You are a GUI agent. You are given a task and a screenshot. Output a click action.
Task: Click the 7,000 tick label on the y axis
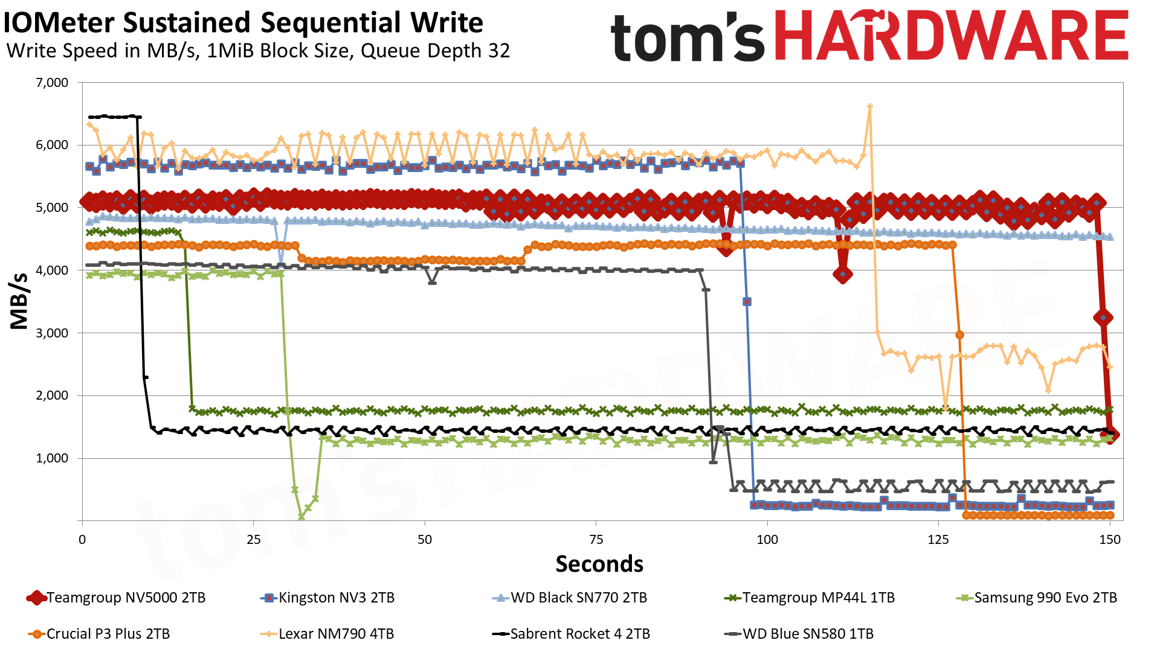tap(53, 83)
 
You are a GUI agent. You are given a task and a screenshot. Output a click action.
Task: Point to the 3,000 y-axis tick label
tap(53, 333)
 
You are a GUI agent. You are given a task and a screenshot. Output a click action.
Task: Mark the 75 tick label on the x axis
tap(596, 540)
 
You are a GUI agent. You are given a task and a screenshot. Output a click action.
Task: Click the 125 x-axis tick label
tap(938, 540)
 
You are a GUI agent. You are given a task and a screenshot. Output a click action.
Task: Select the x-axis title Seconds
tap(599, 564)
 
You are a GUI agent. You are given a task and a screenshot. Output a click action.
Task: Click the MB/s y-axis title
tap(19, 301)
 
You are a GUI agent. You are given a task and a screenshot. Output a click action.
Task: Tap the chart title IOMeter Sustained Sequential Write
tap(243, 23)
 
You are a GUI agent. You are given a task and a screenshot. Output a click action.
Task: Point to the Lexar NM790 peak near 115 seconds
tap(869, 107)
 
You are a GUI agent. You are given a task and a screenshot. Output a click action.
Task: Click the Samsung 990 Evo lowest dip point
tap(301, 517)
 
